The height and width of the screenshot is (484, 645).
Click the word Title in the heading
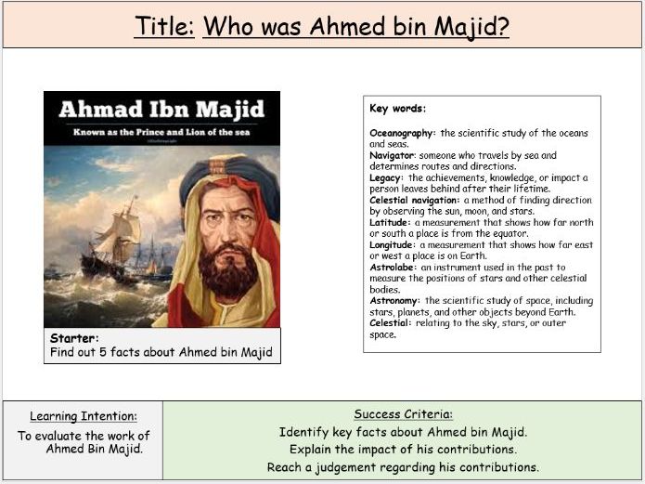163,25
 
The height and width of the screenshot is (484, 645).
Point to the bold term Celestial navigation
414,200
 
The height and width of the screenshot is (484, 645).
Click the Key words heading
397,109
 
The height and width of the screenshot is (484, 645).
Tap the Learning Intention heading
84,416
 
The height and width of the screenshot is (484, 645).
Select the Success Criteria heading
403,414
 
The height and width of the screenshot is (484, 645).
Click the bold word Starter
74,339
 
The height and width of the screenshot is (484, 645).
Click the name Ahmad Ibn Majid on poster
161,110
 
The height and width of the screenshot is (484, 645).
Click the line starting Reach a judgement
403,467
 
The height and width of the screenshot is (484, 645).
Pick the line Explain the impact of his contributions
403,450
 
